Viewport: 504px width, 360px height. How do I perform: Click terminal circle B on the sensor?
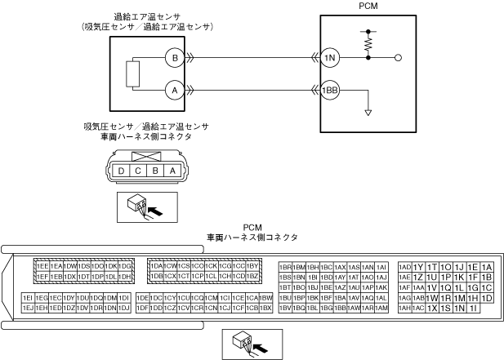coord(173,58)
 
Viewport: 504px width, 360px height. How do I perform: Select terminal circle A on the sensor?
coord(173,91)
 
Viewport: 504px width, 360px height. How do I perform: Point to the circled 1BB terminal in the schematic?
coord(329,91)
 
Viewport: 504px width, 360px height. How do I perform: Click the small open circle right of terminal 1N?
coord(398,58)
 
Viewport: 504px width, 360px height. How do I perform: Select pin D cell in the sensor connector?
coord(122,170)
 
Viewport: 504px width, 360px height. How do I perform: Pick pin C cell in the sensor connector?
coord(138,170)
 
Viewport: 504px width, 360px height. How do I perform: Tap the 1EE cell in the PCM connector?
coord(40,266)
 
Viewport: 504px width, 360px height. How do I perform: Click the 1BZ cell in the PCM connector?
coord(252,276)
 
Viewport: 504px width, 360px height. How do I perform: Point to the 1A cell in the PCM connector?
coord(488,266)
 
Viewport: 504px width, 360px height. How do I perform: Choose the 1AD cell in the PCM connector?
coord(404,266)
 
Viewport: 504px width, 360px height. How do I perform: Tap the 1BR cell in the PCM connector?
coord(285,266)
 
